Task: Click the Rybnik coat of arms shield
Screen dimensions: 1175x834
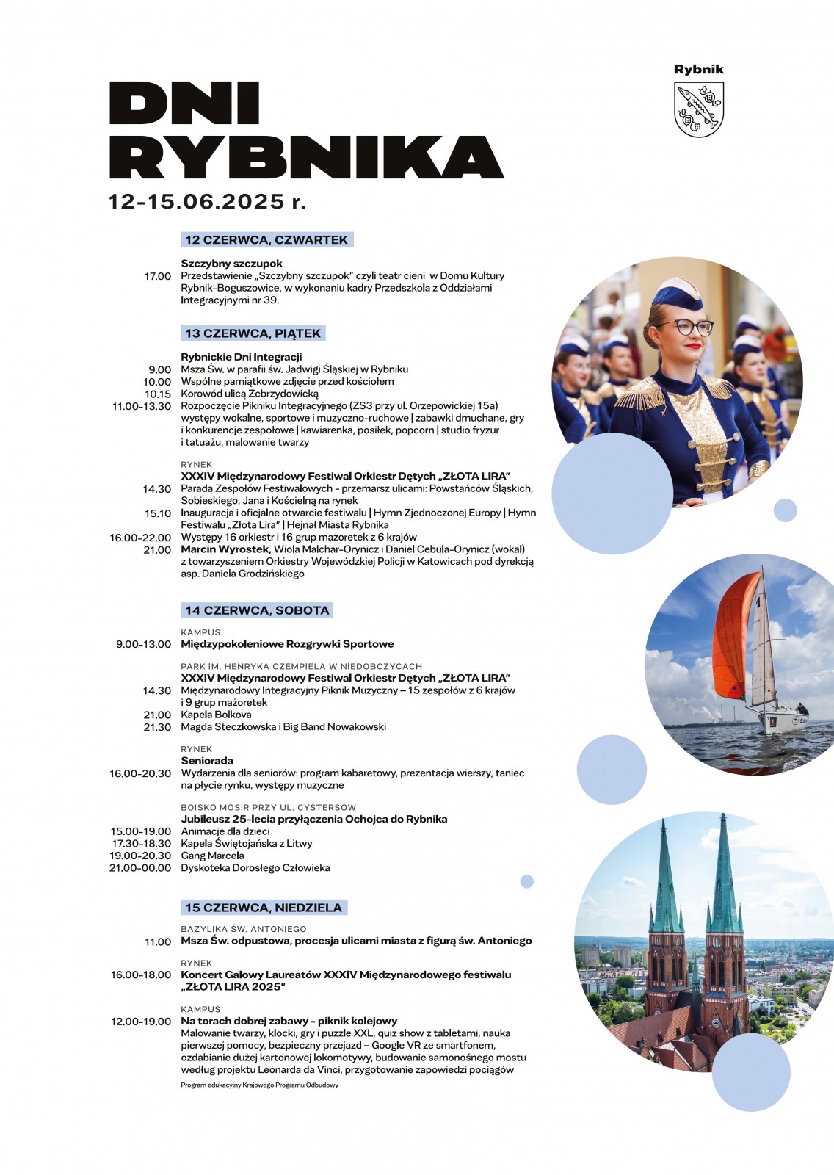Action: pyautogui.click(x=699, y=109)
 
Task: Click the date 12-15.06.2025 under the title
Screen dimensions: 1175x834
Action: pyautogui.click(x=197, y=201)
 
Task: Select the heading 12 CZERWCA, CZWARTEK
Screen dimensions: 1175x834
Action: pyautogui.click(x=266, y=239)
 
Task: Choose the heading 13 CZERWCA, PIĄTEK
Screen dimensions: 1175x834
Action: pyautogui.click(x=253, y=333)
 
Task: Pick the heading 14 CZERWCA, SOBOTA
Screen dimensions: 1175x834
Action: pyautogui.click(x=257, y=610)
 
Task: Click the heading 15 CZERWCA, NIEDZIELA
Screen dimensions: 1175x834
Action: pyautogui.click(x=264, y=908)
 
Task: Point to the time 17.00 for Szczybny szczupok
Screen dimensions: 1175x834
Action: pyautogui.click(x=158, y=276)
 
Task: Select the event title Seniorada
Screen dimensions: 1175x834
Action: pyautogui.click(x=207, y=761)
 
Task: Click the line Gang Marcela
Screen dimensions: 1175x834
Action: pyautogui.click(x=213, y=856)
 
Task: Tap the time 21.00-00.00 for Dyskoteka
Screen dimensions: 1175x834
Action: pyautogui.click(x=140, y=868)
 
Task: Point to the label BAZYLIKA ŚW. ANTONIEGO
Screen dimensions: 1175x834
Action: pyautogui.click(x=244, y=929)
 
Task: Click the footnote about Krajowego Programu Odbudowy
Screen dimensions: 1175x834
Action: pyautogui.click(x=260, y=1085)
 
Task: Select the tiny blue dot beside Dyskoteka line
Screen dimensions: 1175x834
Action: pyautogui.click(x=526, y=881)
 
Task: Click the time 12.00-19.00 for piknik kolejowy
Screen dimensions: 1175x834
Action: pyautogui.click(x=141, y=1022)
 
